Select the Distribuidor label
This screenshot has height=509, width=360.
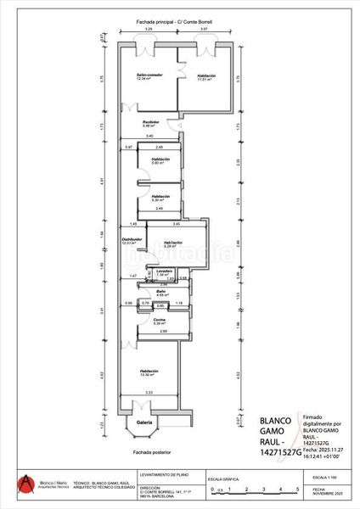(x=131, y=240)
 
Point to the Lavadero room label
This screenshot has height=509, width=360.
(x=164, y=271)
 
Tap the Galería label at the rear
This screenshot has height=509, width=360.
(x=143, y=422)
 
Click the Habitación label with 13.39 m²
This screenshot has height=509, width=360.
(x=149, y=372)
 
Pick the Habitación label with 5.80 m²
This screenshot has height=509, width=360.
(x=161, y=159)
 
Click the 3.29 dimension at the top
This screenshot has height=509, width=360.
(x=149, y=30)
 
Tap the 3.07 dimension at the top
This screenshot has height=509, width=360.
(x=204, y=30)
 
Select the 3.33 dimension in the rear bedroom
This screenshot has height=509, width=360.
(x=149, y=393)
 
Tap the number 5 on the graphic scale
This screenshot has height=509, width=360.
(x=297, y=490)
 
